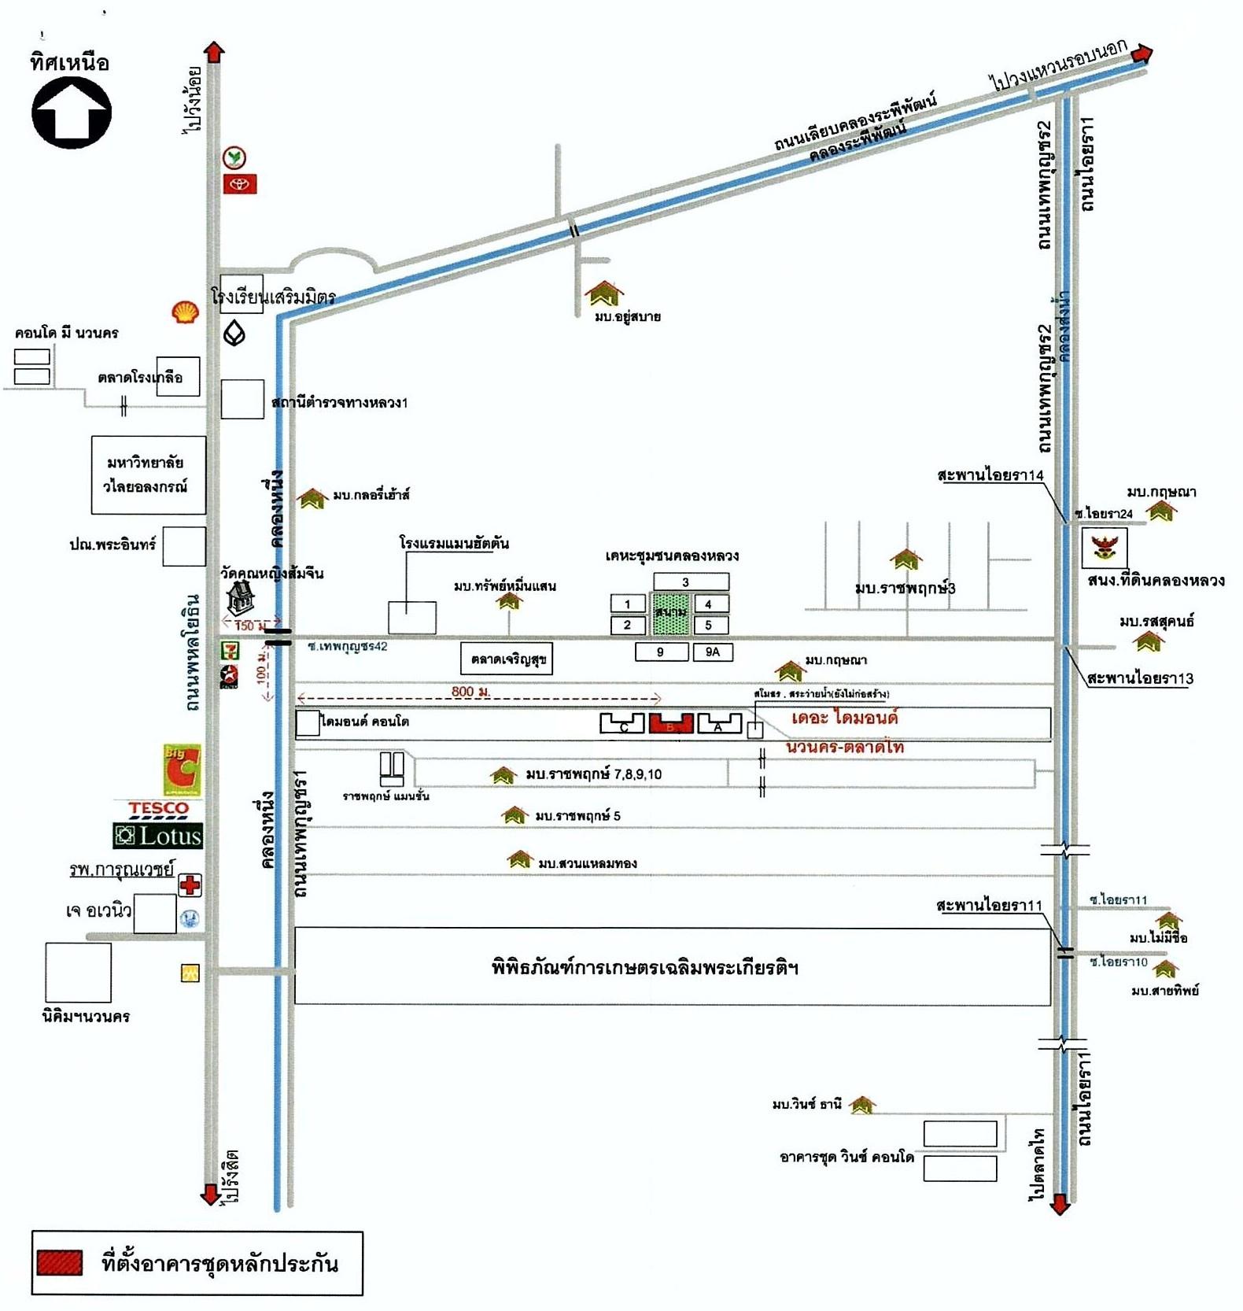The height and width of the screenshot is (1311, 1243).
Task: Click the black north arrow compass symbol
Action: pyautogui.click(x=72, y=113)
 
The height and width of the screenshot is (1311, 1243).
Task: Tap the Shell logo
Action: pyautogui.click(x=185, y=312)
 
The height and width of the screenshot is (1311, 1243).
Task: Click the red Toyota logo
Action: pyautogui.click(x=240, y=184)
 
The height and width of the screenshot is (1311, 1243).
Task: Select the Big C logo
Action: pyautogui.click(x=182, y=770)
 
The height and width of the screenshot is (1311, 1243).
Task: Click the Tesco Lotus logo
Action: pyautogui.click(x=158, y=825)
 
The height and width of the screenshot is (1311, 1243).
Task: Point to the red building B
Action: pyautogui.click(x=670, y=723)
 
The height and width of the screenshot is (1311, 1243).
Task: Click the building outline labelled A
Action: pyautogui.click(x=719, y=723)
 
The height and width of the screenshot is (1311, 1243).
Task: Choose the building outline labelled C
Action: pyautogui.click(x=622, y=723)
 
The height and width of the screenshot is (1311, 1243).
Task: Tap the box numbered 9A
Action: pyautogui.click(x=713, y=652)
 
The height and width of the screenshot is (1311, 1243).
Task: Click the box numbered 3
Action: pyautogui.click(x=691, y=582)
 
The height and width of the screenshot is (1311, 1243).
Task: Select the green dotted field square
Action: pyautogui.click(x=670, y=615)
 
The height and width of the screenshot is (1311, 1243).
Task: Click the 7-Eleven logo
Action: pyautogui.click(x=230, y=650)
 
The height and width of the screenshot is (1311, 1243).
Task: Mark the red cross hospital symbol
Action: pyautogui.click(x=190, y=885)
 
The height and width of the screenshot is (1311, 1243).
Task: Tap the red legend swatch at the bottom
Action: pyautogui.click(x=60, y=1263)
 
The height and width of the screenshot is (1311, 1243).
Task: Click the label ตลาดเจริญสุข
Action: pyautogui.click(x=507, y=659)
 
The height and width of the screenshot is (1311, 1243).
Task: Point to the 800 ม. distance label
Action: pyautogui.click(x=470, y=692)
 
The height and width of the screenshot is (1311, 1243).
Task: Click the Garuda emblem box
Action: pyautogui.click(x=1105, y=548)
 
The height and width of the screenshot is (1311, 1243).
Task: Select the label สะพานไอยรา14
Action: pyautogui.click(x=990, y=475)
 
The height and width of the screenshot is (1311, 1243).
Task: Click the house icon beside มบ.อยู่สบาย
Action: pyautogui.click(x=603, y=294)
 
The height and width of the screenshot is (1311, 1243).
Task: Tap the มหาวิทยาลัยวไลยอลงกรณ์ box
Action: pyautogui.click(x=148, y=475)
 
